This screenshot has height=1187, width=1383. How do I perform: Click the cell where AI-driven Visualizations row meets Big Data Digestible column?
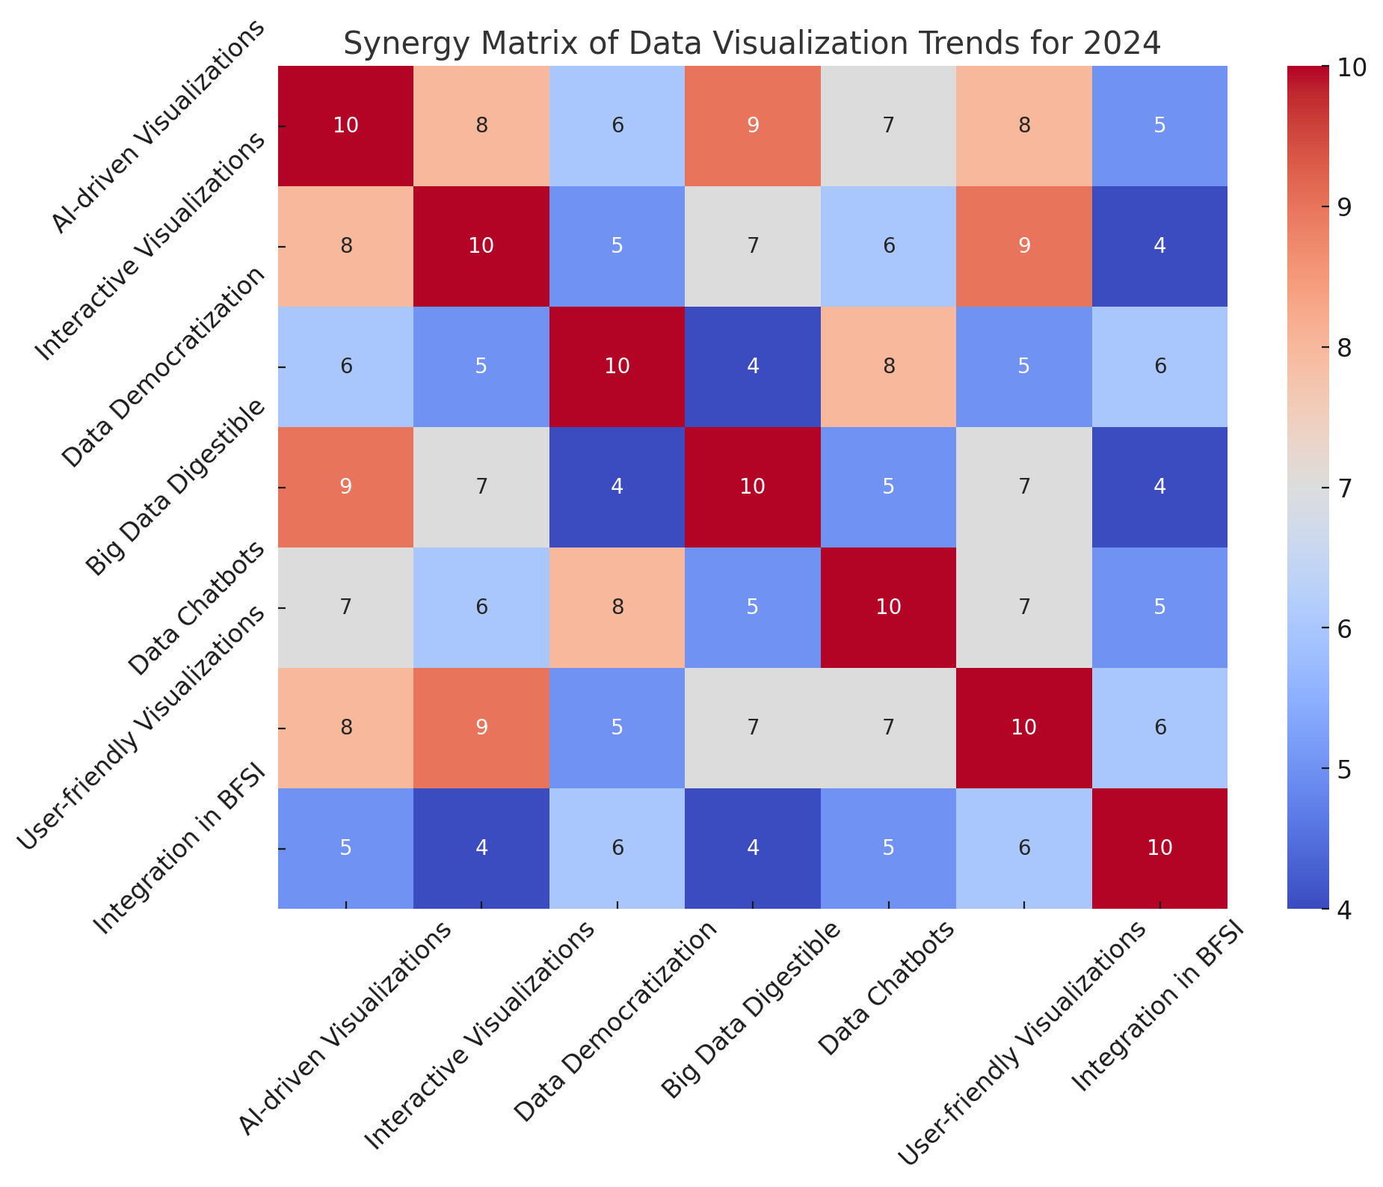(753, 126)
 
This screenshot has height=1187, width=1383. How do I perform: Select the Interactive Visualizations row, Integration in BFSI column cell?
(1159, 246)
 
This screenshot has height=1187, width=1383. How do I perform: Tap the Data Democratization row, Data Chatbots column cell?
(888, 366)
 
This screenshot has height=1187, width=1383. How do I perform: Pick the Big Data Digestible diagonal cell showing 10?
(753, 487)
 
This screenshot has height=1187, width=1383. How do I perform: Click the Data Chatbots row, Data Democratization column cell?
(617, 607)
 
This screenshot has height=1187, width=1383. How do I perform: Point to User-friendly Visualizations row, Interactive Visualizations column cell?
(481, 728)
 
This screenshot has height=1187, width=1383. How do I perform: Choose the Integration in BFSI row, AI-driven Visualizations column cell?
(345, 848)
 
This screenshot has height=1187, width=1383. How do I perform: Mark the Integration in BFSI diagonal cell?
(1159, 848)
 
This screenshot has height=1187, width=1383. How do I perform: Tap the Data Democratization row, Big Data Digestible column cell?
(753, 366)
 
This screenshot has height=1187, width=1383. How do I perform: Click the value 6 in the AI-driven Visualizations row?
(617, 126)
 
